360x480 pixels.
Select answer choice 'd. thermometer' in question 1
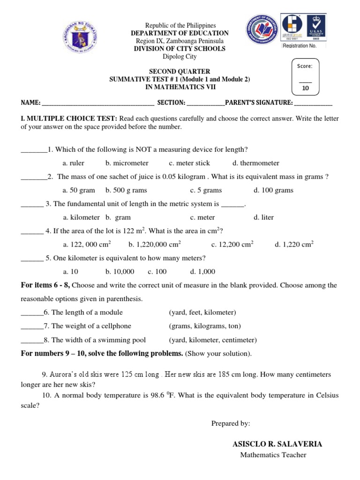[255, 163]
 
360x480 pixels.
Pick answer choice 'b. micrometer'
[127, 163]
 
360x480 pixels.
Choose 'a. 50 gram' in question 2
[79, 190]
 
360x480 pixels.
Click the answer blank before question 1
[34, 150]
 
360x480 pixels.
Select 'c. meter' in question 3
[202, 217]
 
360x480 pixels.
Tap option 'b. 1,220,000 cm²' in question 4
[155, 244]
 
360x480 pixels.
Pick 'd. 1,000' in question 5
[202, 271]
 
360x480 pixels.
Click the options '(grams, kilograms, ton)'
[205, 326]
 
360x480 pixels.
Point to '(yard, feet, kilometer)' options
[202, 312]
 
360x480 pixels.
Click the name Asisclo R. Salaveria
[277, 444]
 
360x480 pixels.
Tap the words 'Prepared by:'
[231, 423]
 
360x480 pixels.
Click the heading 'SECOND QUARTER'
[180, 72]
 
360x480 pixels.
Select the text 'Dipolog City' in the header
[180, 57]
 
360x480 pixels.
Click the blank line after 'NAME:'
[98, 103]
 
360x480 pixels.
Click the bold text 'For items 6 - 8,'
[45, 285]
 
